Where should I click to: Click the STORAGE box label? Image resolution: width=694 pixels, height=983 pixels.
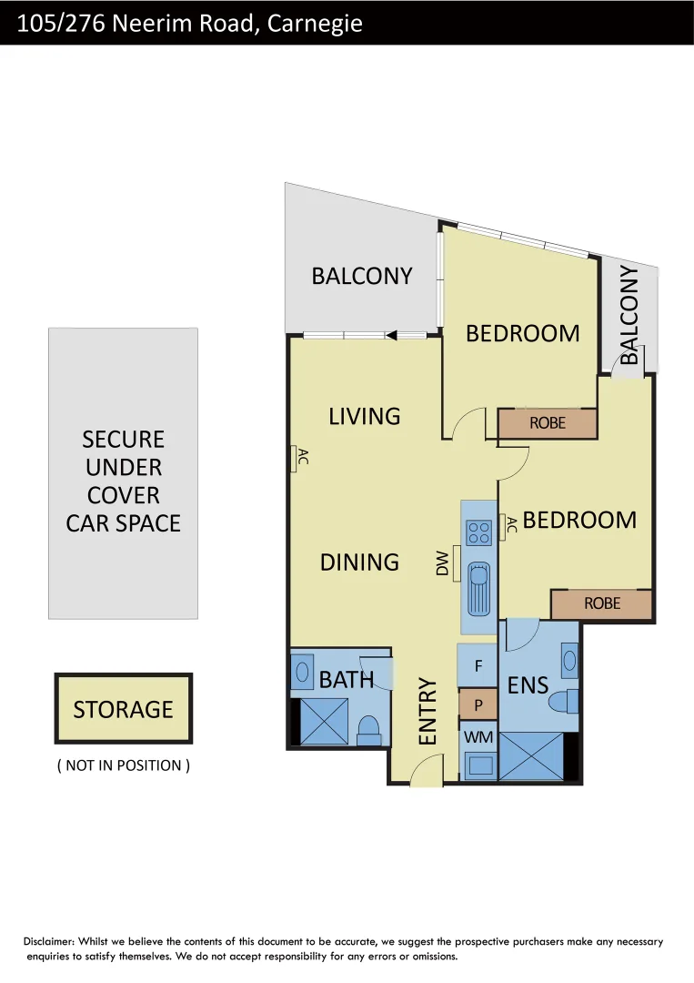click(x=123, y=709)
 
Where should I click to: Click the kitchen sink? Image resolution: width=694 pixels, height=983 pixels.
click(x=478, y=587)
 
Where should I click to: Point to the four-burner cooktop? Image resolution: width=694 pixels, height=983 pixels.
click(x=478, y=531)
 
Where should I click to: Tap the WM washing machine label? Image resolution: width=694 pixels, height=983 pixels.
click(x=478, y=736)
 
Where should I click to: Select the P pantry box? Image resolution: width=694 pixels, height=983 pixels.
click(x=478, y=704)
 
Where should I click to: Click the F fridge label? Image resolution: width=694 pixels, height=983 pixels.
click(x=478, y=665)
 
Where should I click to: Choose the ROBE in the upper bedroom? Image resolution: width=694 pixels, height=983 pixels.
click(x=547, y=423)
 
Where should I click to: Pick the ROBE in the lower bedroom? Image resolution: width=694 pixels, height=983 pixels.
click(x=601, y=603)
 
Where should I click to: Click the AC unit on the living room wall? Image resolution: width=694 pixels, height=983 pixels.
click(x=295, y=459)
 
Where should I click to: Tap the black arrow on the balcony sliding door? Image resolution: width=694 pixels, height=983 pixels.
click(x=391, y=336)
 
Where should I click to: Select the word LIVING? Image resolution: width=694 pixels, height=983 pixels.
click(x=364, y=416)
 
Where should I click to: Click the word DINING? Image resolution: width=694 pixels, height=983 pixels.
click(x=359, y=562)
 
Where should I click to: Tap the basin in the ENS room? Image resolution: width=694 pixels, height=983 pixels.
click(x=569, y=661)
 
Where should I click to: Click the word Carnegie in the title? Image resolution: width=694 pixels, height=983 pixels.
click(x=315, y=24)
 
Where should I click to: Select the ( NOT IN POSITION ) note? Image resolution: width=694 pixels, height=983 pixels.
click(x=123, y=765)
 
